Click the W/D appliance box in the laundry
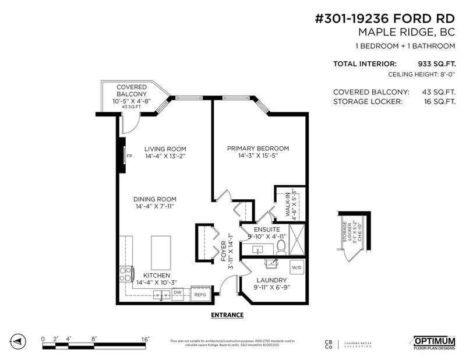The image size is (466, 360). point(296,267)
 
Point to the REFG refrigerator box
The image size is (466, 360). point(200,294)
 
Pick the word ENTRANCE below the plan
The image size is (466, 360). point(226,315)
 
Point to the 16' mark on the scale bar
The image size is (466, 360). point(144,338)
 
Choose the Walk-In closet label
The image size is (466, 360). point(291,204)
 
